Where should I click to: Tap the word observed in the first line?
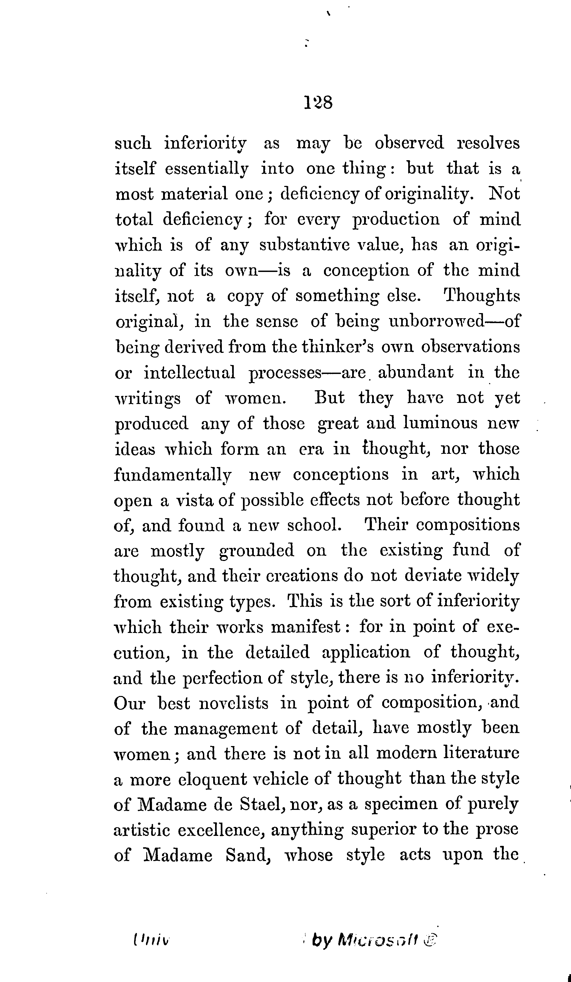pos(409,143)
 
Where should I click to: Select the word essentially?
pos(207,169)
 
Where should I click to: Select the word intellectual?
pos(190,372)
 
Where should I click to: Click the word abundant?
pos(416,372)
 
